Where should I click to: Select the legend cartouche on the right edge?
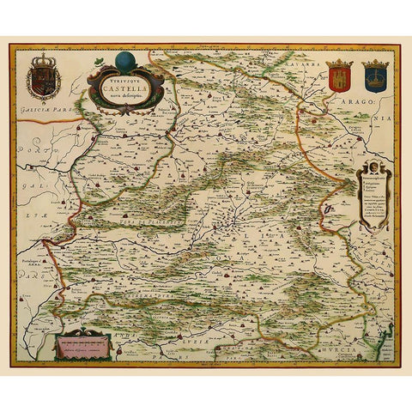(x=374, y=197)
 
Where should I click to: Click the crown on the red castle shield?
(x=340, y=64)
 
